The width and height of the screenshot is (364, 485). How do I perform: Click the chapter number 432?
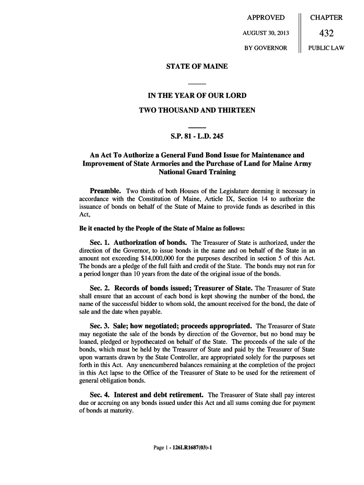[326, 33]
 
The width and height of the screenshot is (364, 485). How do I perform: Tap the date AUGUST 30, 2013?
[266, 33]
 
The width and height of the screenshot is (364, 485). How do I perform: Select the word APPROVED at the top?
[266, 18]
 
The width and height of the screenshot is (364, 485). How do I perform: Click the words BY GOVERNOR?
[266, 48]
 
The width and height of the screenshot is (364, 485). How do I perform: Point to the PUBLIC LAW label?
[326, 48]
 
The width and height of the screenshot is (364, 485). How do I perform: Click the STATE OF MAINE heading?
[197, 66]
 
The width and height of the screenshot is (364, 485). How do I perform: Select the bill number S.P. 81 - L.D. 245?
[197, 137]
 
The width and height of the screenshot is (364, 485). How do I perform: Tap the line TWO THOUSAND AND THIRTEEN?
[197, 110]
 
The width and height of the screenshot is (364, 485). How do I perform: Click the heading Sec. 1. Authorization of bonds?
[138, 242]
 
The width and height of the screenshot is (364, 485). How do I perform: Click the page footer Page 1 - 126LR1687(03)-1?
[182, 448]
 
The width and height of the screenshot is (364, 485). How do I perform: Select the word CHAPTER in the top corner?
[326, 18]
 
